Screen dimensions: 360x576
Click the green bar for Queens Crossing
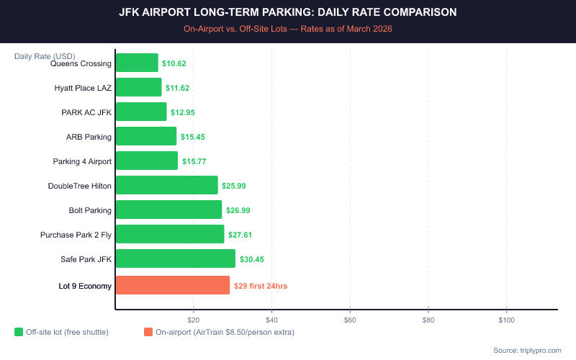click(x=137, y=63)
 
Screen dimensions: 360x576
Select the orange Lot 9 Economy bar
click(x=173, y=285)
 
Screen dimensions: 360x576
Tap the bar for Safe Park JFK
click(x=176, y=258)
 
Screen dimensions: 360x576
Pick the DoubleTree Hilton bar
click(x=166, y=185)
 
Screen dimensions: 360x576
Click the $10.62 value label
click(x=174, y=63)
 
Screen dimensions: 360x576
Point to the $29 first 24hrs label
click(x=261, y=286)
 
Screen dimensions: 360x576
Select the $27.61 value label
click(x=240, y=235)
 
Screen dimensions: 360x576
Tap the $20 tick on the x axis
click(x=194, y=319)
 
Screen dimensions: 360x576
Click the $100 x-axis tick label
click(x=506, y=319)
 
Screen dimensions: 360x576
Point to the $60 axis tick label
click(x=350, y=319)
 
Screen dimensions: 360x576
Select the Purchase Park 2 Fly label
click(x=76, y=235)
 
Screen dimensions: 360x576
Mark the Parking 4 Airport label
click(x=82, y=161)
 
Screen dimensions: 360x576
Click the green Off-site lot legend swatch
click(x=19, y=332)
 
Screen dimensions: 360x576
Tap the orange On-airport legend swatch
click(x=148, y=332)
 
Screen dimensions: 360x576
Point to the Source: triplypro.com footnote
click(x=527, y=350)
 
